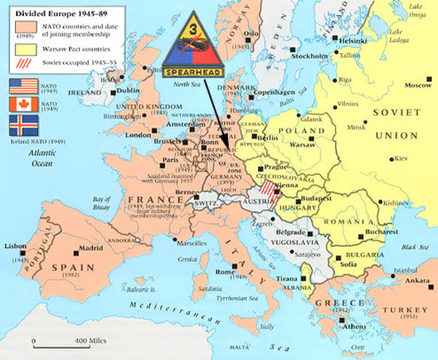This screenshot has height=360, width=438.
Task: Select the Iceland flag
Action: tap(22, 124)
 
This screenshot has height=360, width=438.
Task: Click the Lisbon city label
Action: tap(16, 246)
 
